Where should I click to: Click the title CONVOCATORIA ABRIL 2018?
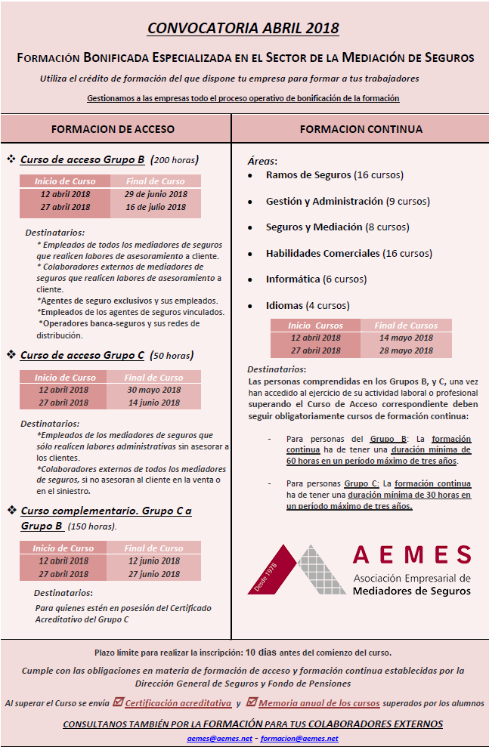pos(243,29)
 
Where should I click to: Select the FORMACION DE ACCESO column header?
pos(113,129)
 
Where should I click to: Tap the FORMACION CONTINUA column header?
pos(361,129)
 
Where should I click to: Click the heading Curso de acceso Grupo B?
pos(82,160)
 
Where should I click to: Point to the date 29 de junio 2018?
pos(156,194)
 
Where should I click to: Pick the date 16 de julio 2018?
pos(156,207)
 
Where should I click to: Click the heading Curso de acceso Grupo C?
pos(82,355)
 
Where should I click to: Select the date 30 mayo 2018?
pos(153,390)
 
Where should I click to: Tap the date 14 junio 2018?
pos(153,403)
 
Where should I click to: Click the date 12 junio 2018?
pos(154,561)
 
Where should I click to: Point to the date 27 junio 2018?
pos(154,574)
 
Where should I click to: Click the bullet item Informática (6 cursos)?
pos(316,279)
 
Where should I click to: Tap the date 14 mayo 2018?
pos(406,338)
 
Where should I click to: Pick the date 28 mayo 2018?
pos(406,351)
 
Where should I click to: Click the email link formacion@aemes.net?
pos(299,738)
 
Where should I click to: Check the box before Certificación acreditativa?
pos(117,702)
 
